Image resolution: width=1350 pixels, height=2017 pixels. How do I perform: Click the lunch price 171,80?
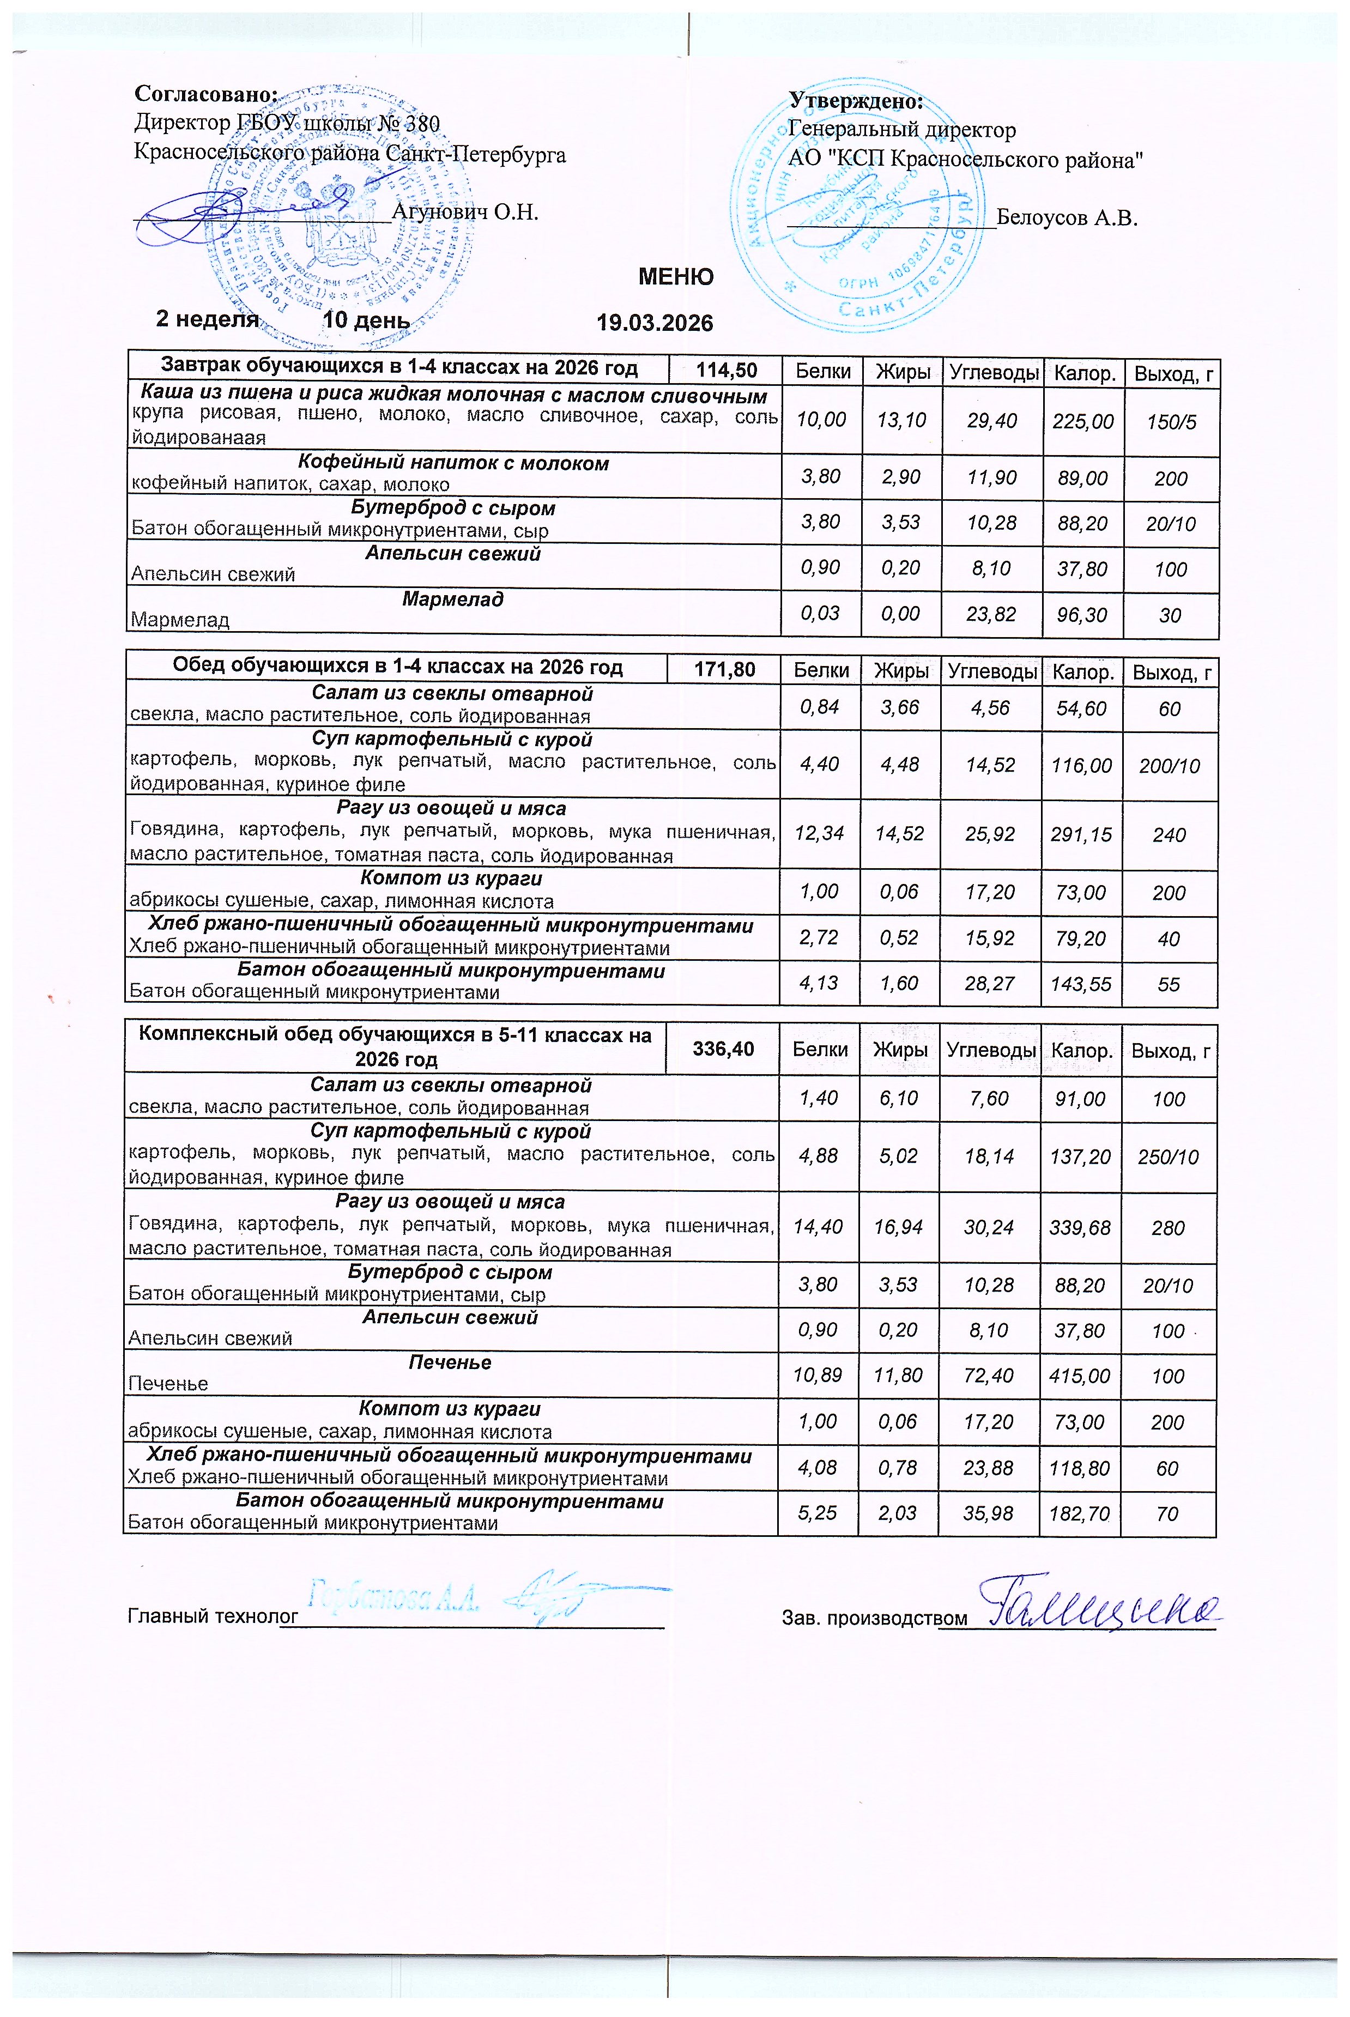(x=724, y=669)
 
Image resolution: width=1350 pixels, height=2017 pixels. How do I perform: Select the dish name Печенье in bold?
(x=450, y=1363)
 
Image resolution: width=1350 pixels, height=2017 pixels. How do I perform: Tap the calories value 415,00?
(x=1080, y=1376)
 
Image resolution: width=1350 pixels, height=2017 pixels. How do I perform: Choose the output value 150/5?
(x=1172, y=422)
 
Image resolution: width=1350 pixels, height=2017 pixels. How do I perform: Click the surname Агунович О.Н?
(x=465, y=212)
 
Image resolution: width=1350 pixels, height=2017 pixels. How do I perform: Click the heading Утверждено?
(x=856, y=101)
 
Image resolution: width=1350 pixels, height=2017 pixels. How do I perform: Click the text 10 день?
(x=366, y=320)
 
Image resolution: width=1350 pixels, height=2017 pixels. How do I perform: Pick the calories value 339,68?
(x=1080, y=1228)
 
